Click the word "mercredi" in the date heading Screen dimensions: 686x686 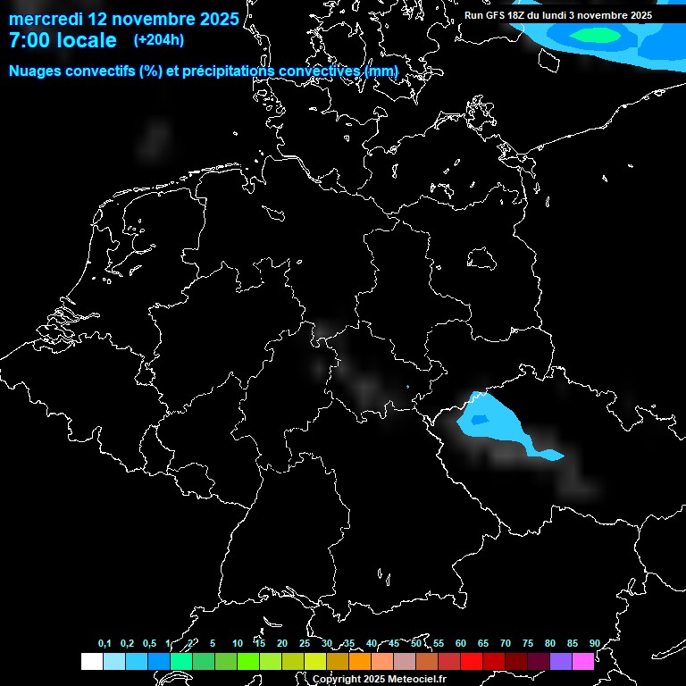click(46, 19)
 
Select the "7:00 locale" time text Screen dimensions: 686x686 click(63, 41)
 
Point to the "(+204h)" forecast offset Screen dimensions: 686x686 click(159, 40)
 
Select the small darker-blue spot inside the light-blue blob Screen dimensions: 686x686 click(480, 420)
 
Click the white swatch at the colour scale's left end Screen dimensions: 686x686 click(91, 662)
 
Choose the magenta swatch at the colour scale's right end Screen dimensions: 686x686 click(583, 662)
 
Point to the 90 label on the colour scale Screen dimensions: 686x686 click(594, 643)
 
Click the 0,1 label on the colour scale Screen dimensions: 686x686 click(105, 643)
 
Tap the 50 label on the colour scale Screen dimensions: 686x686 click(416, 643)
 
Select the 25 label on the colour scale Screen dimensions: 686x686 click(305, 643)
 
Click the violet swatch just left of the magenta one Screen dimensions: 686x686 click(561, 662)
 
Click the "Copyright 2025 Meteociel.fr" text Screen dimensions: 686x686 click(379, 679)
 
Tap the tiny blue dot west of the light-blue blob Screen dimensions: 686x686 click(407, 387)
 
